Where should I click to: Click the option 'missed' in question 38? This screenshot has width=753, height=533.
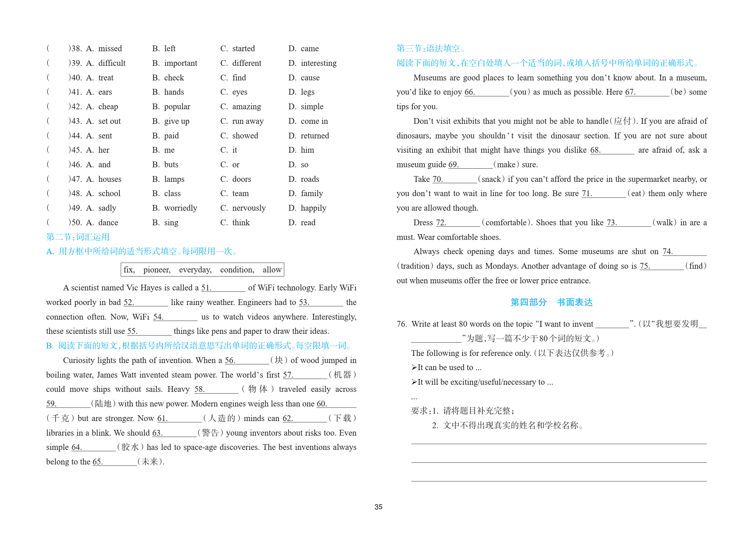click(x=110, y=49)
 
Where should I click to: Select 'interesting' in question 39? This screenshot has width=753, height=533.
click(x=318, y=63)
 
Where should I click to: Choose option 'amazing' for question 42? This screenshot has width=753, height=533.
click(x=246, y=107)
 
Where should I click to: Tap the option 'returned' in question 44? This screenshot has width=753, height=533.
click(x=314, y=136)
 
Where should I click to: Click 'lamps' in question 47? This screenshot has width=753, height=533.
click(x=174, y=179)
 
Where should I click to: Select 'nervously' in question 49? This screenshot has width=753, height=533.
click(x=249, y=208)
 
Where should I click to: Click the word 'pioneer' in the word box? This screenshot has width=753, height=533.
click(x=156, y=270)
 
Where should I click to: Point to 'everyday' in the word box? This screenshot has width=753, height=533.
click(x=195, y=270)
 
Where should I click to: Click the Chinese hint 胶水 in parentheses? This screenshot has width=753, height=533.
click(x=130, y=447)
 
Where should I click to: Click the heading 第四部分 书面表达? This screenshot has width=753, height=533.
click(x=552, y=302)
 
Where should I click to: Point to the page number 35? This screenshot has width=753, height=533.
click(x=378, y=507)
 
